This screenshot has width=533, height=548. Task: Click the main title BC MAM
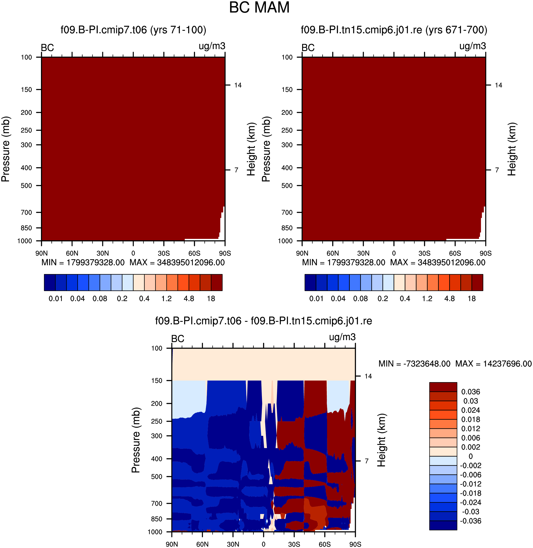(259, 8)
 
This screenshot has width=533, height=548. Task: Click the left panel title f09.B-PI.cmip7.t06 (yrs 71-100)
(133, 30)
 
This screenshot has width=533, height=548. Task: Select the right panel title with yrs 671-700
(394, 30)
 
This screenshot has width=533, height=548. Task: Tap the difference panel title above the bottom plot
(263, 321)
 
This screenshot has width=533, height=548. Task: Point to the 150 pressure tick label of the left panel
(26, 89)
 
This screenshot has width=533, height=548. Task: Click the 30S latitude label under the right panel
(424, 253)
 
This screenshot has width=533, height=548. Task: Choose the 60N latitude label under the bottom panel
(202, 544)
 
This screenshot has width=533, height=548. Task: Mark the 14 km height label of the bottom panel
(368, 376)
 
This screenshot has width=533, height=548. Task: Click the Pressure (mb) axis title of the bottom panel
(136, 440)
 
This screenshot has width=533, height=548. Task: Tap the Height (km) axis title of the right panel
(512, 149)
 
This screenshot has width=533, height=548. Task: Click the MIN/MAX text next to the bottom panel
(455, 364)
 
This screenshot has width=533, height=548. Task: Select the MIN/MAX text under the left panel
(133, 263)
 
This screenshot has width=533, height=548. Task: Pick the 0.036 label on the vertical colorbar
(470, 392)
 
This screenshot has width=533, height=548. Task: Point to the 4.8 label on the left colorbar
(189, 299)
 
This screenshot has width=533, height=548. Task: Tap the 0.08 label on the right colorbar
(360, 299)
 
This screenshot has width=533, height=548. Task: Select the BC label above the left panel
(47, 48)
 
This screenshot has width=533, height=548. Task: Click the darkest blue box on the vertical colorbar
(443, 525)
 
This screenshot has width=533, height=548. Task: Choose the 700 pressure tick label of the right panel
(287, 212)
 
